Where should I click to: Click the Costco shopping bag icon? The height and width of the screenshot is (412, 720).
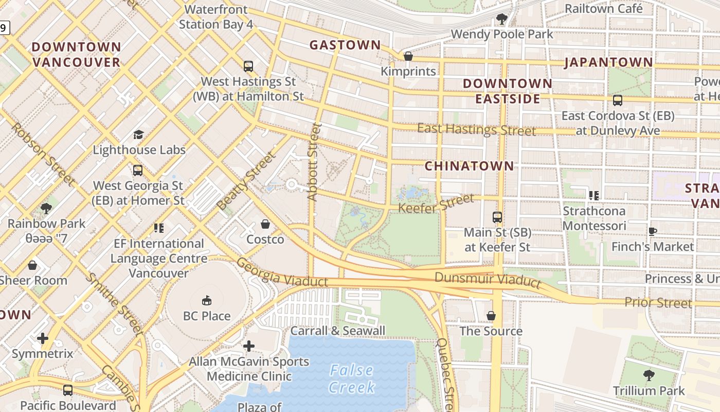[x=265, y=224]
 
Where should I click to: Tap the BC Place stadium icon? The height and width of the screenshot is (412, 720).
[x=207, y=300]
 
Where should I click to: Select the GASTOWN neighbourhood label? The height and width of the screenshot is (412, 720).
[x=345, y=45]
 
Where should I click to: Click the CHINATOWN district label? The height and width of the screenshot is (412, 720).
[x=469, y=166]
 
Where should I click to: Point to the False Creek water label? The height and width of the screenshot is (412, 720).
[x=352, y=379]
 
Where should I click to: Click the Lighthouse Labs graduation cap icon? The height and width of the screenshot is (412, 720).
[x=138, y=134]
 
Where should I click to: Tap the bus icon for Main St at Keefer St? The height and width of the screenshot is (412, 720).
[x=497, y=217]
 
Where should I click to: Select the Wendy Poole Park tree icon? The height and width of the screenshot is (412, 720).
[x=501, y=20]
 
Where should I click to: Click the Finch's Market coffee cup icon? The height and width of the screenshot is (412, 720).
[x=652, y=231]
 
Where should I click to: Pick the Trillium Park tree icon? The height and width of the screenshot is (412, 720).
[x=649, y=375]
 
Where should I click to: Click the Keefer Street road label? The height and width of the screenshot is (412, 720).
[x=437, y=203]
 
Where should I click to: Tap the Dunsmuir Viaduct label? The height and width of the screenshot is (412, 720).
[x=488, y=280]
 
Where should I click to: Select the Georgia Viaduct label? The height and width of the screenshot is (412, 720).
[x=281, y=272]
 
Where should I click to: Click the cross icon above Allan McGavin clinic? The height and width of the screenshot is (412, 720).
[x=249, y=346]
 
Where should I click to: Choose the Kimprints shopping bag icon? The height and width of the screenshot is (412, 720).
[x=408, y=56]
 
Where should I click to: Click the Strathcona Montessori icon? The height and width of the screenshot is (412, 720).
[x=594, y=196]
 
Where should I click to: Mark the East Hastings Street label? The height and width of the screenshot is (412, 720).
[x=476, y=129]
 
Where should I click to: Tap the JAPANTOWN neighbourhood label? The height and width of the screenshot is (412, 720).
[x=608, y=63]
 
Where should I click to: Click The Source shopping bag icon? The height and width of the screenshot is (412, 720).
[x=491, y=315]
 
